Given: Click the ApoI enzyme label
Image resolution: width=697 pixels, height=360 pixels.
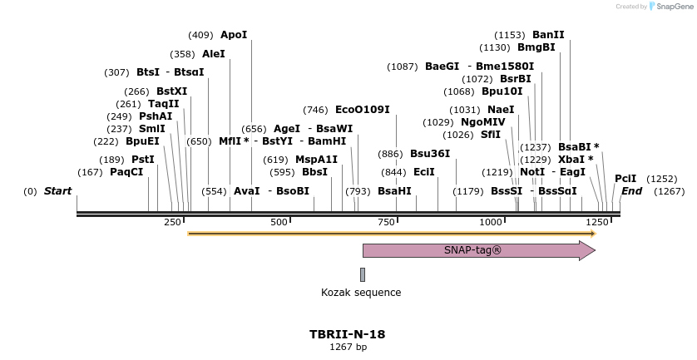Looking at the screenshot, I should coord(234,35).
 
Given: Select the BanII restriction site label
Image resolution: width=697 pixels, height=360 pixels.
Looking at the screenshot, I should coord(548,35).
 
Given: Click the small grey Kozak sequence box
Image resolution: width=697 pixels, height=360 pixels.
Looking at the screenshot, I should coord(363,274).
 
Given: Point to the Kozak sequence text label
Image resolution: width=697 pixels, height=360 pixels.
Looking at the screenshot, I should coord(361,293).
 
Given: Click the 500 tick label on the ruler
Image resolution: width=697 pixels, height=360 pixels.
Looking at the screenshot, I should coord(279,223).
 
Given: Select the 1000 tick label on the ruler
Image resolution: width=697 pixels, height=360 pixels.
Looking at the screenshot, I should coord(491,223).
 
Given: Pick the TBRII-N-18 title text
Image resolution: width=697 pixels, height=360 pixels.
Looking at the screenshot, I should coord(348,334).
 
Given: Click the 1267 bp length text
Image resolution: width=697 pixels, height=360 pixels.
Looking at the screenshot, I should coord(348,348).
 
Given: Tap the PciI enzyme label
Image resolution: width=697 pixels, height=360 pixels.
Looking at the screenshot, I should coord(625,179).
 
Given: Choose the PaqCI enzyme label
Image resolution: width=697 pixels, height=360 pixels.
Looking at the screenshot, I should coord(126,172).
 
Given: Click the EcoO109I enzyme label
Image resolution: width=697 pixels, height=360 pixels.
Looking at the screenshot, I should coord(362,110).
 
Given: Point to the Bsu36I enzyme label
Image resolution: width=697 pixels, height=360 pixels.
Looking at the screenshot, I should coord(430,154).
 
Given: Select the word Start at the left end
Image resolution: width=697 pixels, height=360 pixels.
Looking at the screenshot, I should coord(57,191).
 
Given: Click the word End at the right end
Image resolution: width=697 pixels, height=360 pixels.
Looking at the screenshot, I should coord(632,191).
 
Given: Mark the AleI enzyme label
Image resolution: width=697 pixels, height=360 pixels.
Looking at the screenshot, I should coord(214,54).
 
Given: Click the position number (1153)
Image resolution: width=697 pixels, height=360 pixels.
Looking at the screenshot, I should coord(510,35).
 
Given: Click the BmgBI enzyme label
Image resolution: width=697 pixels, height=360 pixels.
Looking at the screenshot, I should coord(536,47).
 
